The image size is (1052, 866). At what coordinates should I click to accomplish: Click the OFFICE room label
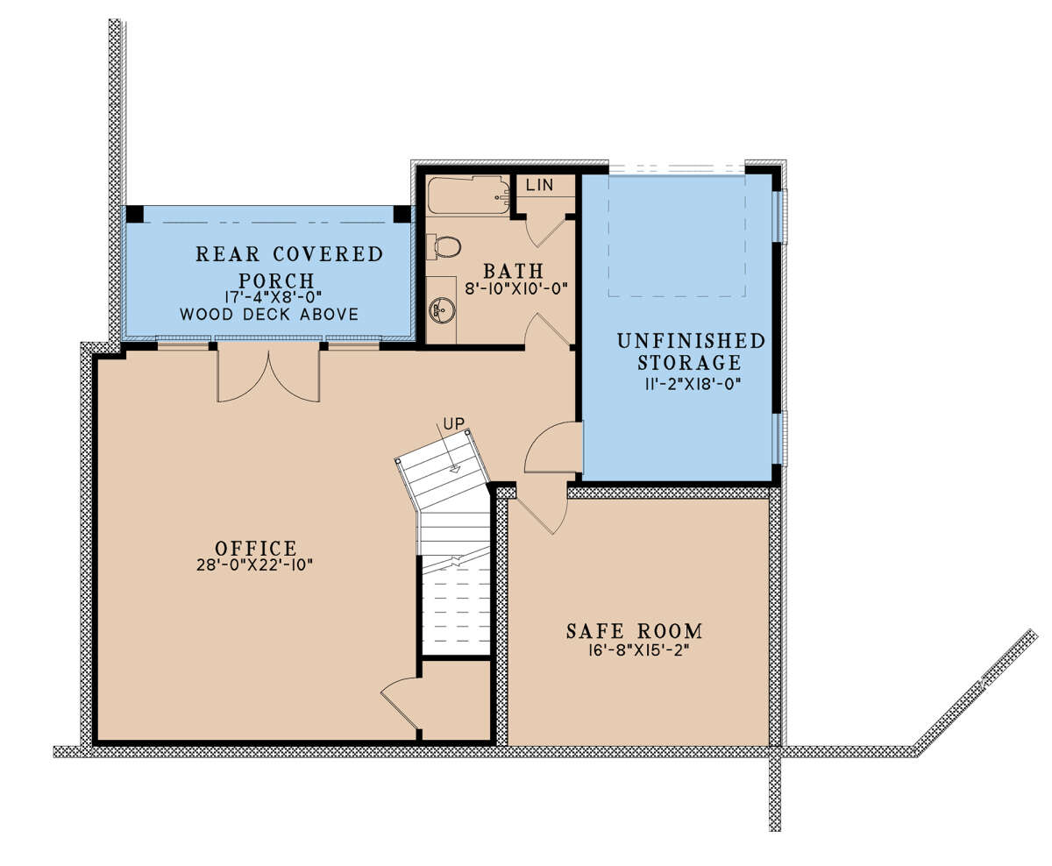[x=255, y=548]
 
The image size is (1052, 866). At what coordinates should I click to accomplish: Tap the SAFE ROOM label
[x=634, y=630]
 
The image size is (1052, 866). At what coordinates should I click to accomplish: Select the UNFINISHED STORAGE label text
[x=690, y=351]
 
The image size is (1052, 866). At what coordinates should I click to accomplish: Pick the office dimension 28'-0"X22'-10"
[x=255, y=565]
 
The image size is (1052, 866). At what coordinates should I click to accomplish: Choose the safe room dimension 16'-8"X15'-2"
[x=634, y=649]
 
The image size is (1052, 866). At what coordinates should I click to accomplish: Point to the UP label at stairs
[x=452, y=424]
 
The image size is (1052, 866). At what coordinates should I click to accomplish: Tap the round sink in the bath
[x=441, y=309]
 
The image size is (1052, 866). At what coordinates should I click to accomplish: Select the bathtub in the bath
[x=467, y=195]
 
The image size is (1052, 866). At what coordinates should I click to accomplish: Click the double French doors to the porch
[x=268, y=373]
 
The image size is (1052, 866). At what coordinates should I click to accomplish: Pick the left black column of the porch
[x=134, y=214]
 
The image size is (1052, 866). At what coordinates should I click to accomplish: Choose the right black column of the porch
[x=402, y=214]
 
